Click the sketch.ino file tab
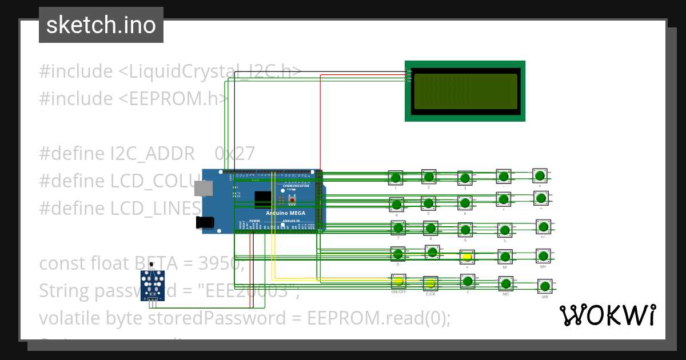[101, 25]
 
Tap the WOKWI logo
[607, 315]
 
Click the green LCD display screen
[465, 91]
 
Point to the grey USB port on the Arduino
[201, 188]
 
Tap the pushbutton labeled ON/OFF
[398, 281]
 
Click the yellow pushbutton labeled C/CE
[430, 283]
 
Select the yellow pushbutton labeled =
[467, 257]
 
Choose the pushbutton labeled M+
[543, 255]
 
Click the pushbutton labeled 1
[396, 178]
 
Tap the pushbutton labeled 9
[465, 229]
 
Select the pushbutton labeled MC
[505, 283]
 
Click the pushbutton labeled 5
[428, 203]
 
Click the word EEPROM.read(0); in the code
[379, 317]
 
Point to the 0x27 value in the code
[234, 153]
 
